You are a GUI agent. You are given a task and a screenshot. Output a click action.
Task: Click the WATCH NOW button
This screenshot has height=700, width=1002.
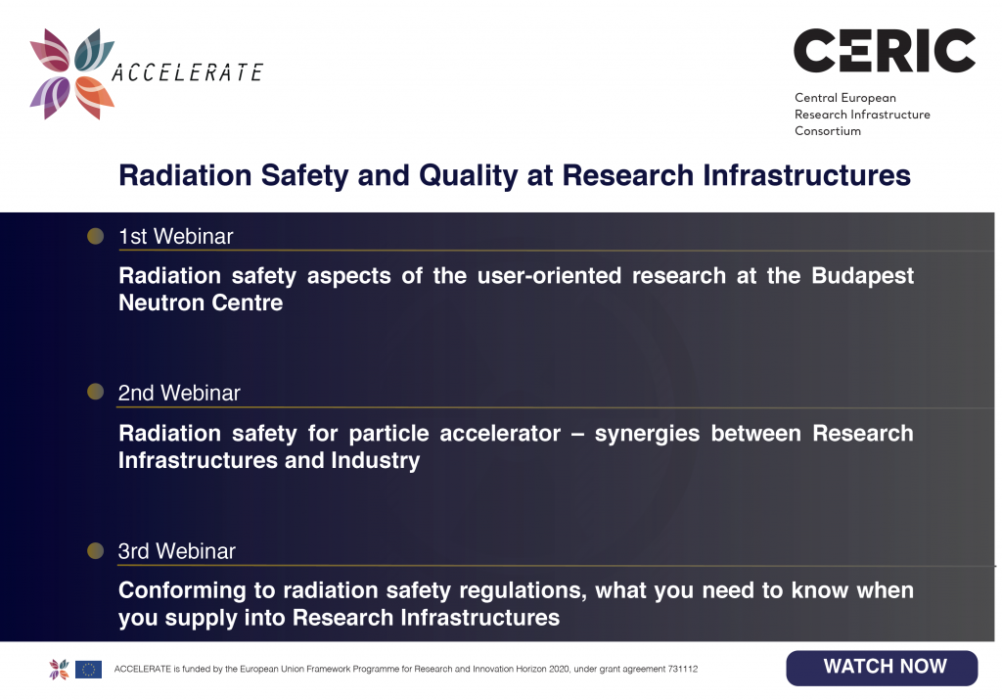pyautogui.click(x=882, y=668)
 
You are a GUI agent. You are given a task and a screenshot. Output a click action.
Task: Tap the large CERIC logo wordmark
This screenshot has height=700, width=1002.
pyautogui.click(x=885, y=51)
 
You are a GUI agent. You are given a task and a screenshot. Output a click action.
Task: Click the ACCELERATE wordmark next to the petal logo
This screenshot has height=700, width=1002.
pyautogui.click(x=187, y=72)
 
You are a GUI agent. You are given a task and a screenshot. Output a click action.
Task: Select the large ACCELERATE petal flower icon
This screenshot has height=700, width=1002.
pyautogui.click(x=72, y=73)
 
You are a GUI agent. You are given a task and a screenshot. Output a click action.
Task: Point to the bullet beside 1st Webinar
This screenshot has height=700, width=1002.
pyautogui.click(x=95, y=237)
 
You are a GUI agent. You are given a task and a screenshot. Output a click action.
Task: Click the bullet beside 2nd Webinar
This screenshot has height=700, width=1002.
pyautogui.click(x=95, y=392)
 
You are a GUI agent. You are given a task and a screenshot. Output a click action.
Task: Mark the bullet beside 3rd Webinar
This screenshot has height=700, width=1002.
pyautogui.click(x=95, y=550)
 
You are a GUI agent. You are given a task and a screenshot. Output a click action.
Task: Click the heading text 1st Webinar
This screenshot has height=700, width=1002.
pyautogui.click(x=176, y=237)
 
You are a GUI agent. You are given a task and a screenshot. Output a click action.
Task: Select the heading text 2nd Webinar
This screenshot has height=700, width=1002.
pyautogui.click(x=179, y=393)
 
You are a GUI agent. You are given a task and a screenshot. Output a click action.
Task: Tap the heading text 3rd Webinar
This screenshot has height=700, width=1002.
pyautogui.click(x=176, y=551)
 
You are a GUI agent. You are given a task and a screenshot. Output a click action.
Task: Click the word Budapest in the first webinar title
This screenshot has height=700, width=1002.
pyautogui.click(x=862, y=276)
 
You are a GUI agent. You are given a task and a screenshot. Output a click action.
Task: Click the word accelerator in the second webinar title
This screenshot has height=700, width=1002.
pyautogui.click(x=500, y=434)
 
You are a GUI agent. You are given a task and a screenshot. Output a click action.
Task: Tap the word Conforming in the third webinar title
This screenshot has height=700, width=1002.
pyautogui.click(x=182, y=591)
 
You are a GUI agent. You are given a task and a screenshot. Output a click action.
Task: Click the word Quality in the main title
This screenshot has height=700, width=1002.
pyautogui.click(x=468, y=176)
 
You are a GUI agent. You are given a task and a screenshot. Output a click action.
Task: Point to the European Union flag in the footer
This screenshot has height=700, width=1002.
pyautogui.click(x=88, y=670)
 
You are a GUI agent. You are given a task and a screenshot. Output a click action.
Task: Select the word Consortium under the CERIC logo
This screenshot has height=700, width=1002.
pyautogui.click(x=828, y=131)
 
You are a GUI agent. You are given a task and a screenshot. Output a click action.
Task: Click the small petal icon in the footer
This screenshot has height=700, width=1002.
pyautogui.click(x=59, y=670)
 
